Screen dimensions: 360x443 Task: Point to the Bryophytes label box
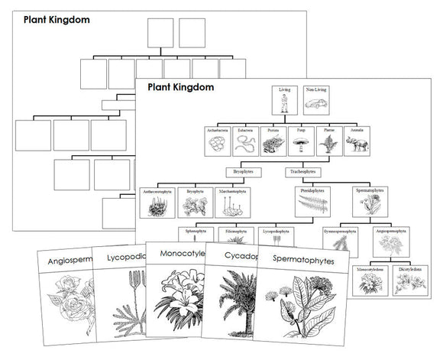244,172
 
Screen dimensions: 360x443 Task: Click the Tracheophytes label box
299,172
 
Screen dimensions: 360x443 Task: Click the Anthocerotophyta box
158,203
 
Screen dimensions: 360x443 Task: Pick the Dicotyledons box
405,280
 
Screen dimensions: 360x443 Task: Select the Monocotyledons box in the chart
370,280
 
